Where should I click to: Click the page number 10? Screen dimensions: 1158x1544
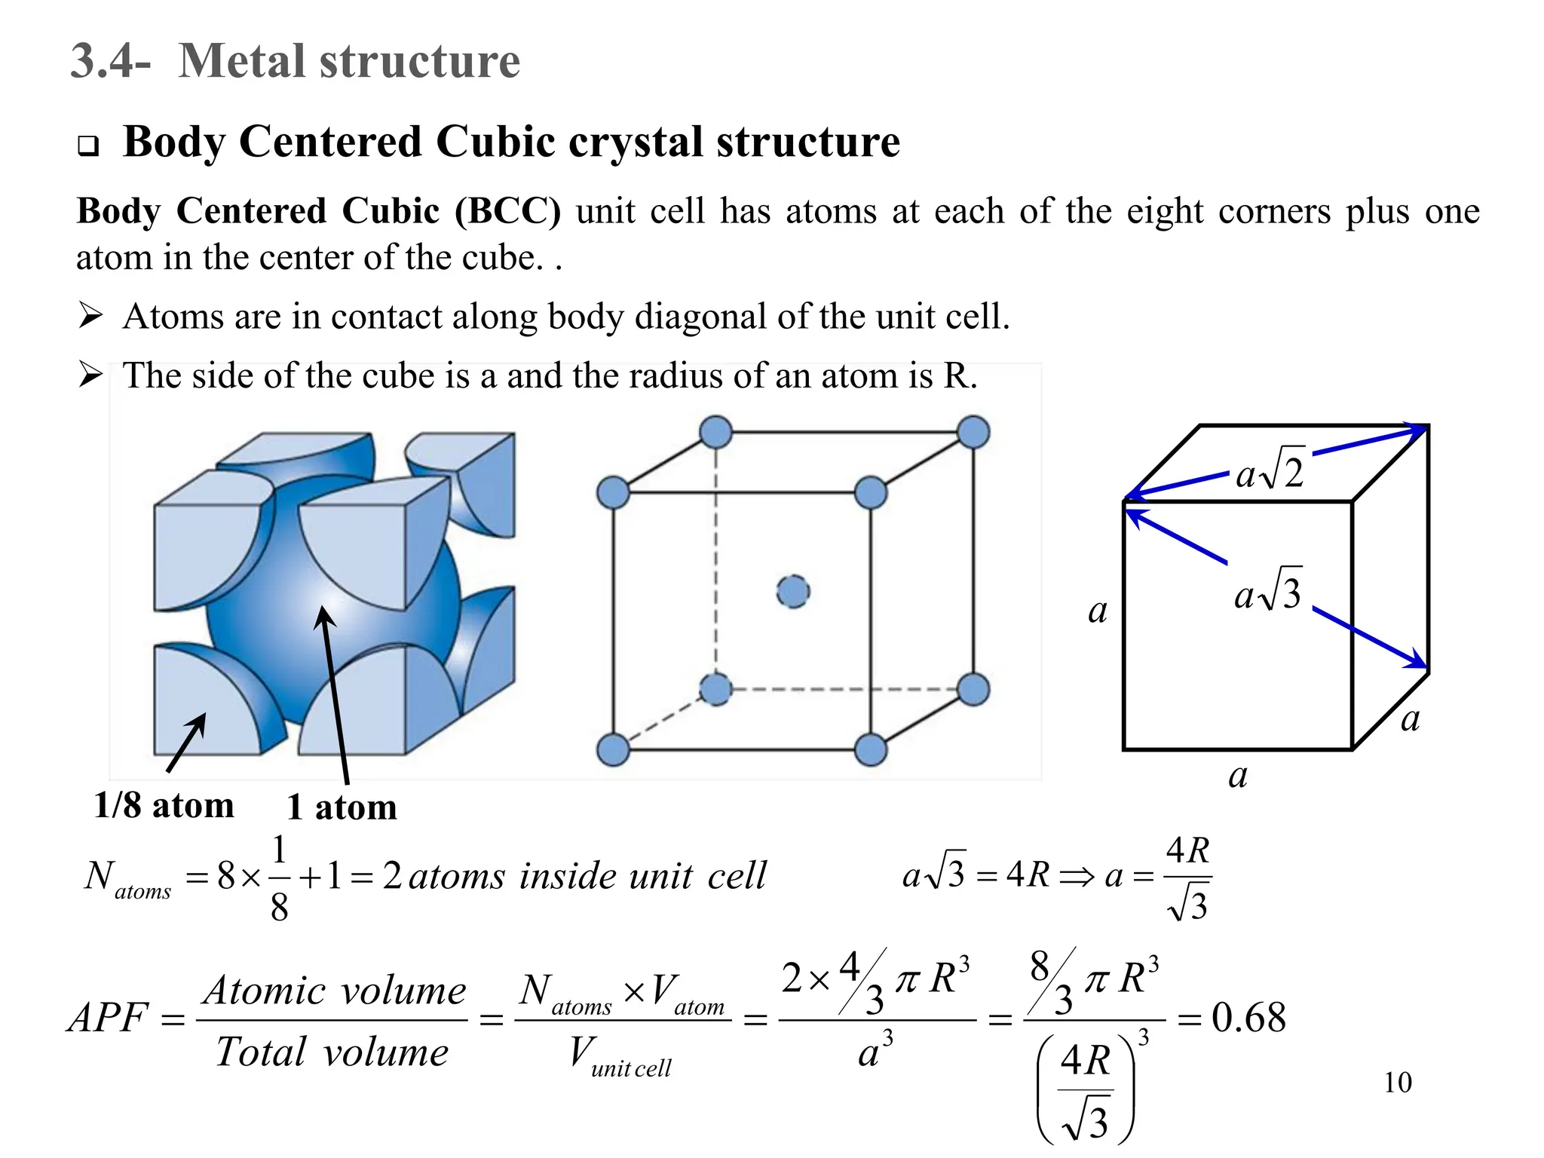(1397, 1083)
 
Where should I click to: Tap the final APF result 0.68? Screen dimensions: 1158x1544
(1248, 1018)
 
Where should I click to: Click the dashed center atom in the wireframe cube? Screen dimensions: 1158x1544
(792, 591)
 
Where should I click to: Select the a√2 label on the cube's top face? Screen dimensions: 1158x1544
(1270, 472)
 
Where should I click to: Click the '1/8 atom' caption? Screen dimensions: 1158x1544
(164, 806)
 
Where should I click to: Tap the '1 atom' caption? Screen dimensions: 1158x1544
(342, 807)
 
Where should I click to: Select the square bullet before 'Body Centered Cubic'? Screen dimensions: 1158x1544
(88, 146)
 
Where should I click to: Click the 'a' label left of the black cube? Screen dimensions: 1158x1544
(1098, 611)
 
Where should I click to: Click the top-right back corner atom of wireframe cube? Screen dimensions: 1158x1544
(973, 433)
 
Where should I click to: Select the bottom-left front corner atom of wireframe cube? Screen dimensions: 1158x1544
(613, 750)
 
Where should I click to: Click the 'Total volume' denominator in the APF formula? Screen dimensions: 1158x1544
(332, 1052)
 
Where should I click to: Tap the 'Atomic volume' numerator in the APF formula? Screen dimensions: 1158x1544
(335, 990)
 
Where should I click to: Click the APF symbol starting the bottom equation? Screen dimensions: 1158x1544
(107, 1018)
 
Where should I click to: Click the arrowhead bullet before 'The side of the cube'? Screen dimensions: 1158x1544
(90, 375)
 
